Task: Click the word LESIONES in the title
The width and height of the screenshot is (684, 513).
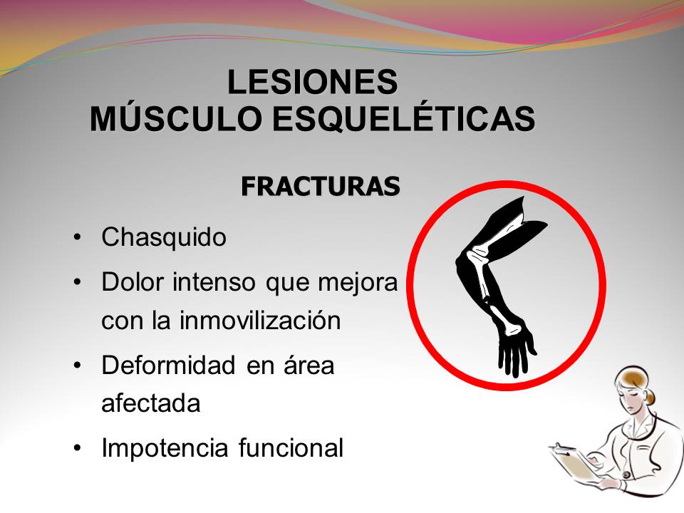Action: [312, 82]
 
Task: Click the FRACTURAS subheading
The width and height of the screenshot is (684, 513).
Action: [320, 186]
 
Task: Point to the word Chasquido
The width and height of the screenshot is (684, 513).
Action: [164, 237]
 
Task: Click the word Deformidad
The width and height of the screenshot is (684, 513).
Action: [169, 366]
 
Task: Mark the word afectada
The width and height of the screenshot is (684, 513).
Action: [150, 403]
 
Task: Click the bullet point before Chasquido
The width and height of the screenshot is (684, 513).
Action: [77, 237]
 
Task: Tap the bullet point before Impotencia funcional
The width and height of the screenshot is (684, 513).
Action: [77, 448]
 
